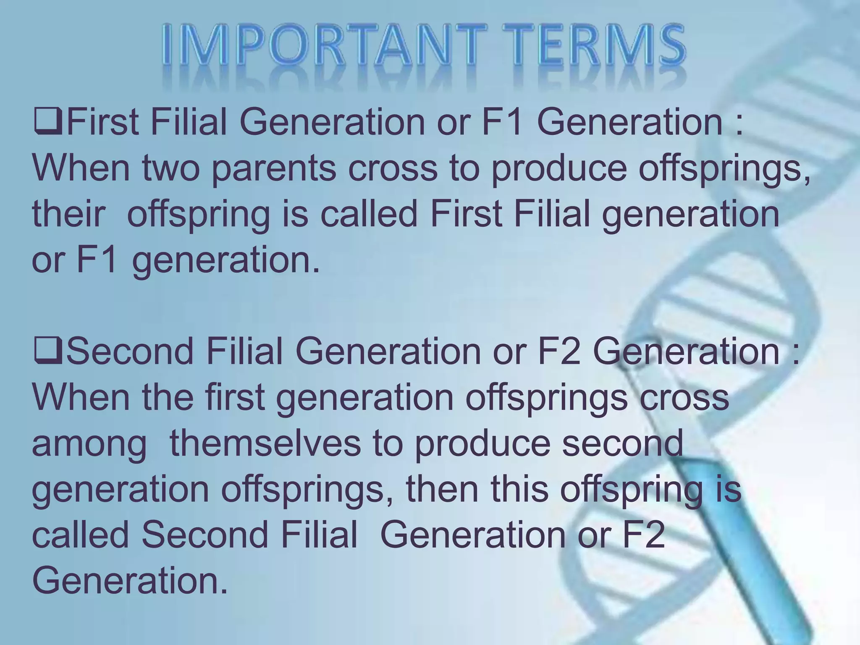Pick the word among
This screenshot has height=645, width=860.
(89, 444)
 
